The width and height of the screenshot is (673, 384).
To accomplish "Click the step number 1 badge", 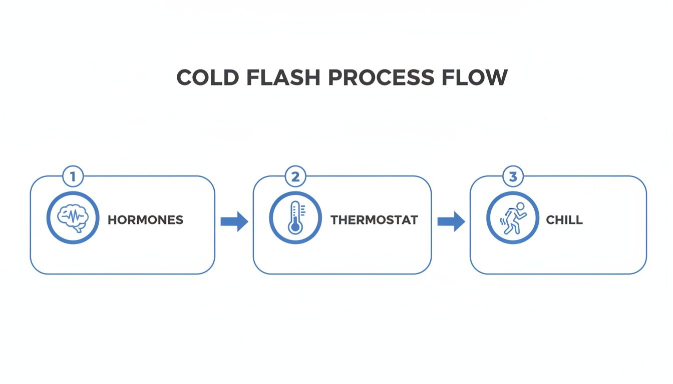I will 73,176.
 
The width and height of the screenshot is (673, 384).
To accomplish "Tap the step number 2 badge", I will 295,176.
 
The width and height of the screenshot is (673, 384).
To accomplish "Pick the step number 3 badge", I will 512,176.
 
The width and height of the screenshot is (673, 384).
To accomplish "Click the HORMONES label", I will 146,220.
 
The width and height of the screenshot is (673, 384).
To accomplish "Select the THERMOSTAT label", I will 374,220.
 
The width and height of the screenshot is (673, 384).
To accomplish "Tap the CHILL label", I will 564,220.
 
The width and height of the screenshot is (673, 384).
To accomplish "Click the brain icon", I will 73,218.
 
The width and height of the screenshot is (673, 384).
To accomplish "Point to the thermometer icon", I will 295,218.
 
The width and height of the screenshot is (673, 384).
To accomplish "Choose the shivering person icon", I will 513,218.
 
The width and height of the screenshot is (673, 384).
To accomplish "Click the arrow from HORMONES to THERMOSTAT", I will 234,221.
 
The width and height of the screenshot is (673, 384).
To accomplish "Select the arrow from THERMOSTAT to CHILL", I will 451,221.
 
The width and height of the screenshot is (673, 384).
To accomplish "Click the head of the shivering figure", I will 520,206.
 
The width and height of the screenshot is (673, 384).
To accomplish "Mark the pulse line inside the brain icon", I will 73,216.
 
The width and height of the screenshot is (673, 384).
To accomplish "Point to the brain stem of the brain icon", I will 79,229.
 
